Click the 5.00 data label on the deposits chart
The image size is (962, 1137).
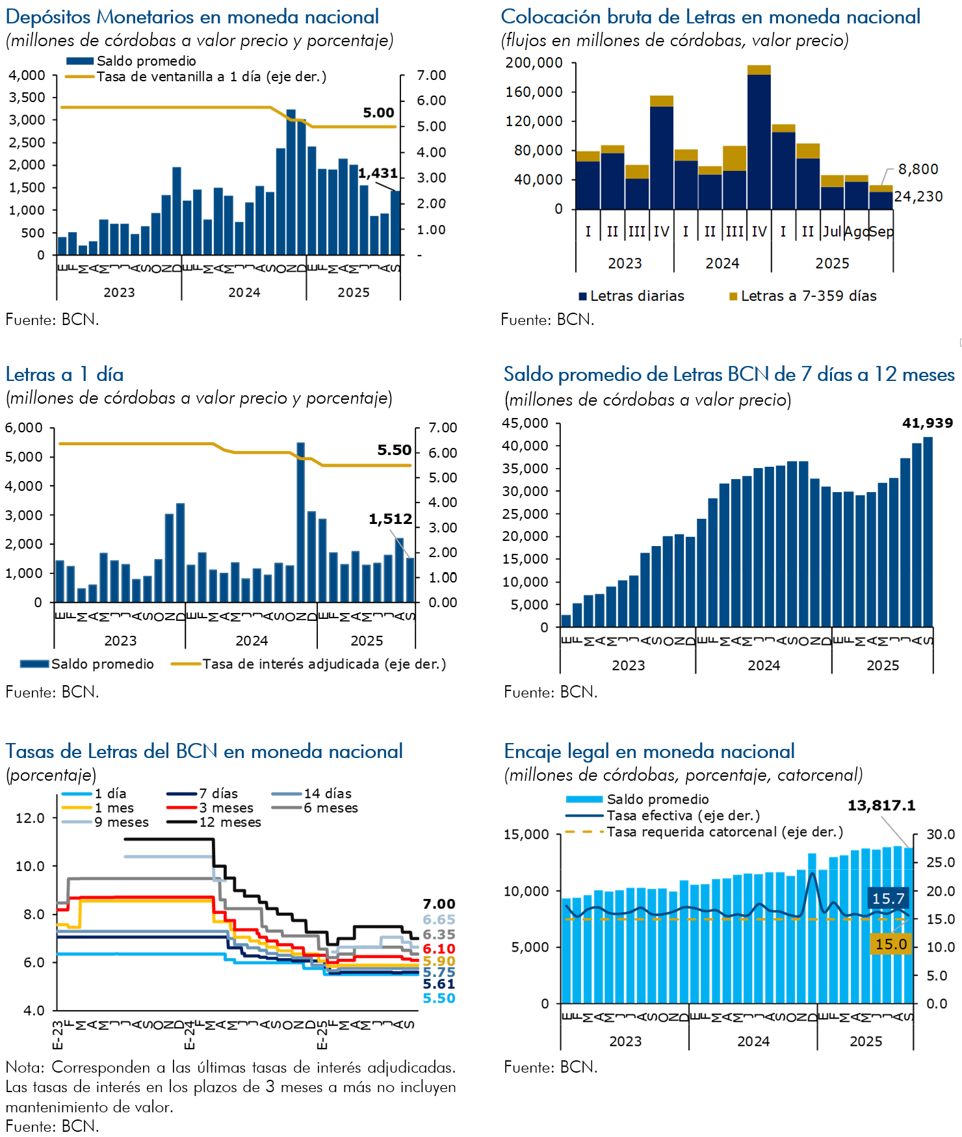point(378,112)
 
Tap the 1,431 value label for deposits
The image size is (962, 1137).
point(378,173)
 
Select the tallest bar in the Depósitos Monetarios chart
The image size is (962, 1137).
point(291,182)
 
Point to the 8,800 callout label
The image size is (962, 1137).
point(918,169)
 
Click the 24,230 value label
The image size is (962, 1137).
point(918,196)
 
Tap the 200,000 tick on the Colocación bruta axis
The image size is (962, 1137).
point(534,62)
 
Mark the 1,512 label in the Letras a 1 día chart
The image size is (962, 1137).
point(390,519)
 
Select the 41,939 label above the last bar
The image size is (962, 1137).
point(927,423)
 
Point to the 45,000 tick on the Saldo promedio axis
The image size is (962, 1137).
point(525,423)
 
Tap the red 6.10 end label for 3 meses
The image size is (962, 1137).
point(439,949)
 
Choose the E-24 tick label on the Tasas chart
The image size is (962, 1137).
point(189,1034)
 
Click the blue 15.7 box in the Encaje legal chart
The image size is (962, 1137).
point(889,898)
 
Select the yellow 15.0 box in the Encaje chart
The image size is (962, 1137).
point(890,944)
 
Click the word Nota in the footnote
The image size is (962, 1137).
point(25,1067)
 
